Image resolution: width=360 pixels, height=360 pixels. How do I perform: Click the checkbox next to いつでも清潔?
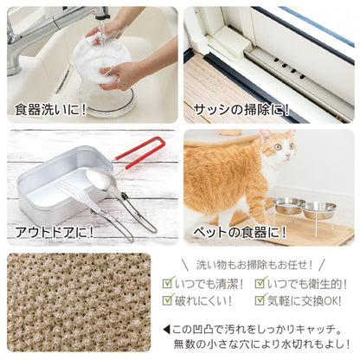point(169,283)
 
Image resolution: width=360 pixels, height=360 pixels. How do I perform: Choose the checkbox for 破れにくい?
point(169,300)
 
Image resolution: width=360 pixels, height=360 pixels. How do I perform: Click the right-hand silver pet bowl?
point(320,208)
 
